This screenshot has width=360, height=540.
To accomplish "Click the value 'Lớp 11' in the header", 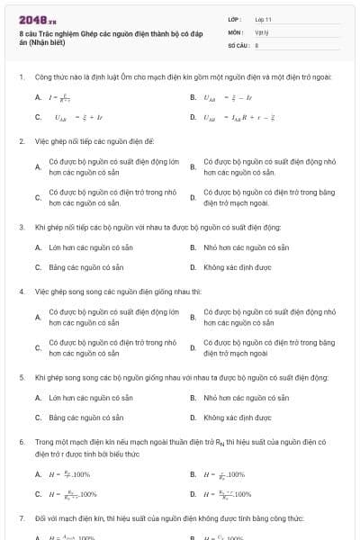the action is (263, 19).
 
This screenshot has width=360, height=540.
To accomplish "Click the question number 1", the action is (21, 77).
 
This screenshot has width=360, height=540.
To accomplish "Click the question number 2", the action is (21, 141).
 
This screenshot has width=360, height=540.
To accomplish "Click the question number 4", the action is (21, 292).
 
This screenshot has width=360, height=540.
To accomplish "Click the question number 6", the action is (21, 442).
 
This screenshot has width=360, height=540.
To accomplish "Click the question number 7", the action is (21, 518).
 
